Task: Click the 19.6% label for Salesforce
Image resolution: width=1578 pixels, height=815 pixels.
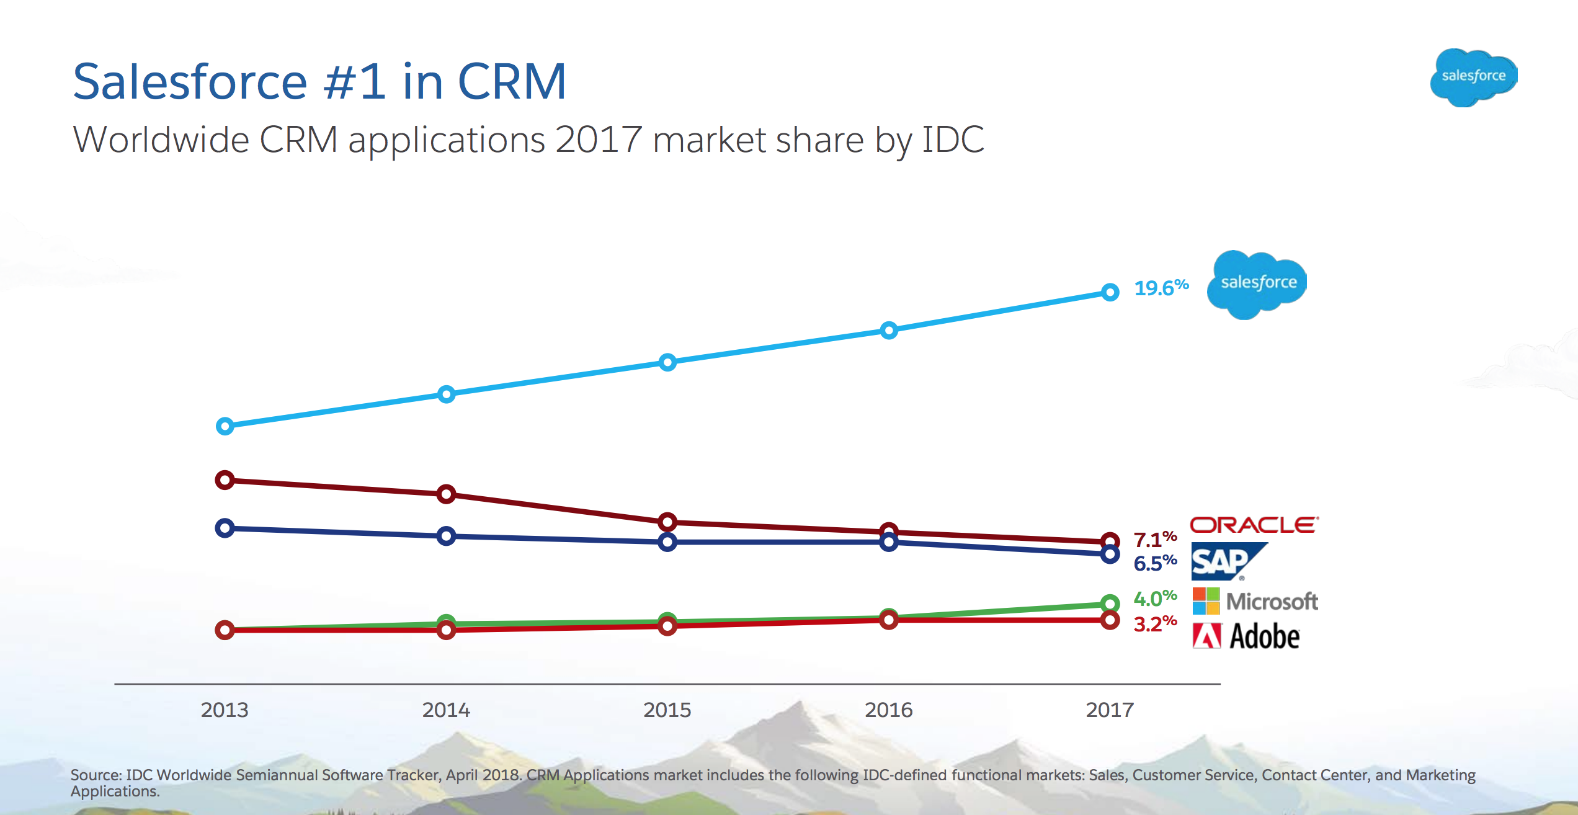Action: coord(1161,288)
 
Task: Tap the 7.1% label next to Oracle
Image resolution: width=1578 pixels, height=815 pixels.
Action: coord(1154,540)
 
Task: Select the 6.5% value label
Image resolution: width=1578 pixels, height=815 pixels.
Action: coord(1154,563)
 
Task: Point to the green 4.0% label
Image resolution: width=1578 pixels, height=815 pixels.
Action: coord(1154,599)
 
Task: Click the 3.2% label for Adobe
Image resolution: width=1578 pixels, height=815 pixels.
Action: coord(1154,624)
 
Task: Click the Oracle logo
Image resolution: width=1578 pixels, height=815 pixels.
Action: coord(1254,525)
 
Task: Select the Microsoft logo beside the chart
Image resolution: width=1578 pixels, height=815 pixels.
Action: coord(1255,601)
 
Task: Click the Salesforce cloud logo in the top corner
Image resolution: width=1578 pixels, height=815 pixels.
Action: coord(1473,77)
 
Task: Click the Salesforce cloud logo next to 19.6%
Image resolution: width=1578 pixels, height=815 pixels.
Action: coord(1257,284)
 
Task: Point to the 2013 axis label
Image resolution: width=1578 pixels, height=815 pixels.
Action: coord(225,710)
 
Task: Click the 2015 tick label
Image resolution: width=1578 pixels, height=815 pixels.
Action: coord(667,710)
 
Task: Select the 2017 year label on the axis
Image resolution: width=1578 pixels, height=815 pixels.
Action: coord(1110,710)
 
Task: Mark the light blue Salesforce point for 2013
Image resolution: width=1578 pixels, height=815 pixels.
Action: coord(225,426)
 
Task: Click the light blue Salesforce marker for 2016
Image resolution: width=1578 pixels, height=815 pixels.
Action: coord(888,330)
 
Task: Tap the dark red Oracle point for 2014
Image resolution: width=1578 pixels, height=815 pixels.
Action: coord(446,494)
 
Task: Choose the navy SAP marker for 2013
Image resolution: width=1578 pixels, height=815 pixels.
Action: coord(225,528)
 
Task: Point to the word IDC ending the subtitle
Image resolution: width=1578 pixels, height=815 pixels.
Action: coord(953,139)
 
